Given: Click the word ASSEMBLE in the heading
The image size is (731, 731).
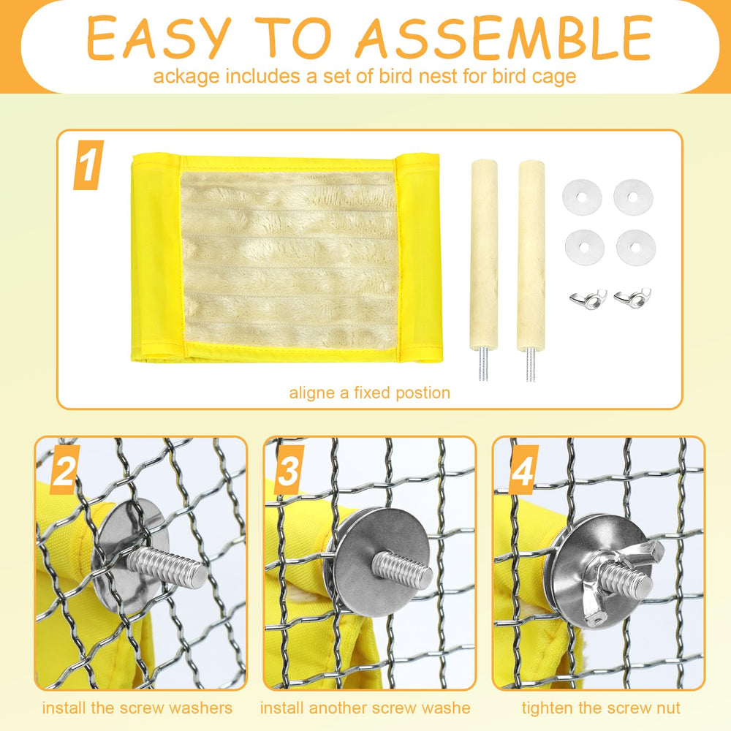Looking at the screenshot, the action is (504, 38).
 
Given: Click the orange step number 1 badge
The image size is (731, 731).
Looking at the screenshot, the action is (88, 165).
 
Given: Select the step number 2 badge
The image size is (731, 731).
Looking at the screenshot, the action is (64, 469).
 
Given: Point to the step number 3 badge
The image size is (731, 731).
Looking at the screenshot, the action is (289, 469).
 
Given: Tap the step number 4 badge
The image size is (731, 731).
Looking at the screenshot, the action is (523, 469).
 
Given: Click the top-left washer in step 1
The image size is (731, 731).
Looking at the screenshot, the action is (582, 197).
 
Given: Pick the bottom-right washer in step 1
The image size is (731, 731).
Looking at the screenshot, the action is (636, 248).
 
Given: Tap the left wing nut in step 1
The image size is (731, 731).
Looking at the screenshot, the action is (588, 299).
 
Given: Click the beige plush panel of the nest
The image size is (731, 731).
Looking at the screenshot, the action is (289, 261).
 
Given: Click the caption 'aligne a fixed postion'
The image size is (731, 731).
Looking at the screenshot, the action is (370, 393).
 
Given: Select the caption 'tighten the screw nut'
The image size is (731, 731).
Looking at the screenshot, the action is (601, 708).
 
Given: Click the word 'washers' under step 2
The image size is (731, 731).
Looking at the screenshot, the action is (200, 708).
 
